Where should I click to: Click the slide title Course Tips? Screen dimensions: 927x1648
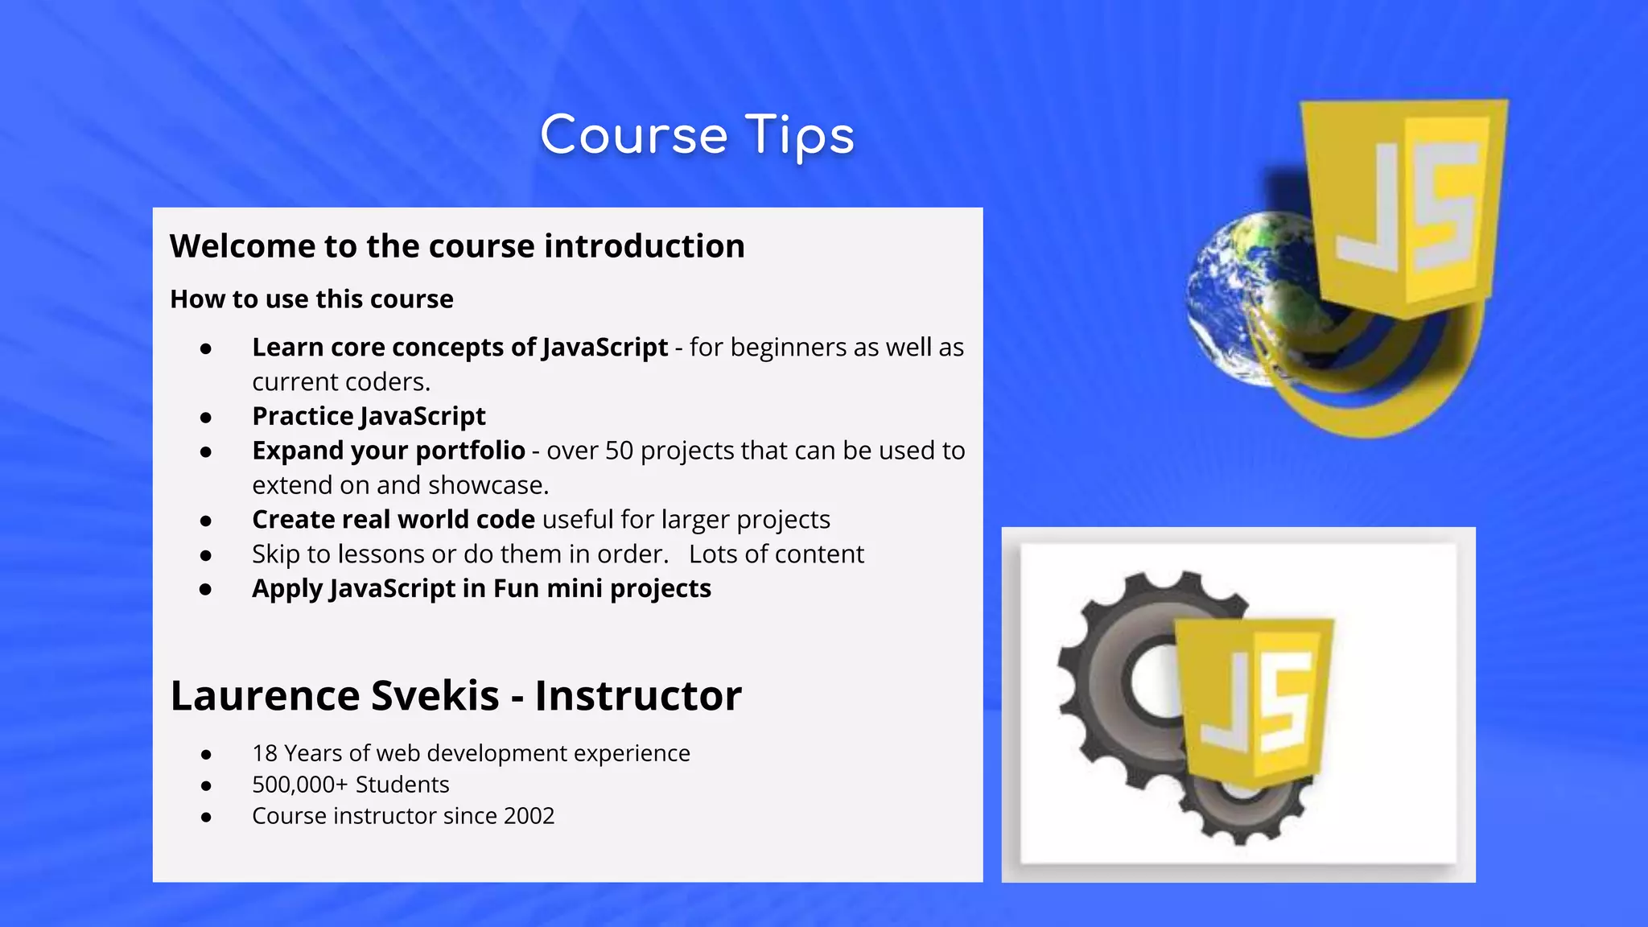pos(697,135)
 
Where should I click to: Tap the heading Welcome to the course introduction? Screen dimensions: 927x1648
pos(457,246)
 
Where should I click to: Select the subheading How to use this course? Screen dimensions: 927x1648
pos(311,299)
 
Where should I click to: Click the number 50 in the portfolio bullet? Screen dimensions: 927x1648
pos(619,451)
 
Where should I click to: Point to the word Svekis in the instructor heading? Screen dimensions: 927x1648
pos(435,695)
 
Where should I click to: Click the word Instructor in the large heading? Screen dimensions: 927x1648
pos(638,695)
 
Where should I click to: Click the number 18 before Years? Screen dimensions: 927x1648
pos(265,753)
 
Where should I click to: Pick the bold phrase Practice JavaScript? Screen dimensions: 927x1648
pos(369,416)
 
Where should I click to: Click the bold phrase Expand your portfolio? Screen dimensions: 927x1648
pos(389,451)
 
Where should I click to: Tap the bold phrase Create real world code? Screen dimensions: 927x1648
pos(393,520)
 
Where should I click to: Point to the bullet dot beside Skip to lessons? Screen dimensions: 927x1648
pos(206,555)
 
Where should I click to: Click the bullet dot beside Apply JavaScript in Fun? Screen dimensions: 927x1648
pos(206,590)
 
